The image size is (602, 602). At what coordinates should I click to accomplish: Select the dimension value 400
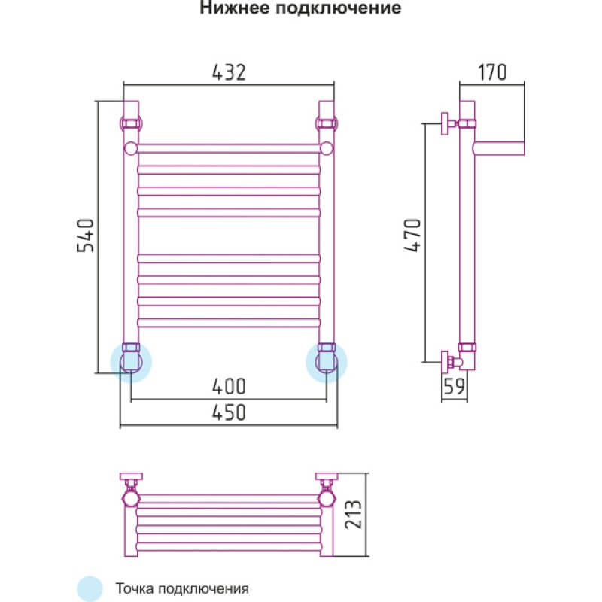click(229, 387)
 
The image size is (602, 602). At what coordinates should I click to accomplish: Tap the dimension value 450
click(229, 412)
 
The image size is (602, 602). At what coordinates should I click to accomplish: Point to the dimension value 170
click(493, 71)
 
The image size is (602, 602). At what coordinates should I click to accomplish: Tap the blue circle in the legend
click(89, 587)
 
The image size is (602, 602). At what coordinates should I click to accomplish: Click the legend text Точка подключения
click(181, 588)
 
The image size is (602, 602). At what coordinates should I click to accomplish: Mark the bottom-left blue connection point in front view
click(131, 360)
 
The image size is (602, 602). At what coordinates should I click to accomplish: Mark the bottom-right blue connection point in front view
click(327, 360)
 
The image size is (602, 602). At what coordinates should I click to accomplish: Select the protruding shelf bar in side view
click(500, 146)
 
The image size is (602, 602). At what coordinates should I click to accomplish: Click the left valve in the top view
click(131, 497)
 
